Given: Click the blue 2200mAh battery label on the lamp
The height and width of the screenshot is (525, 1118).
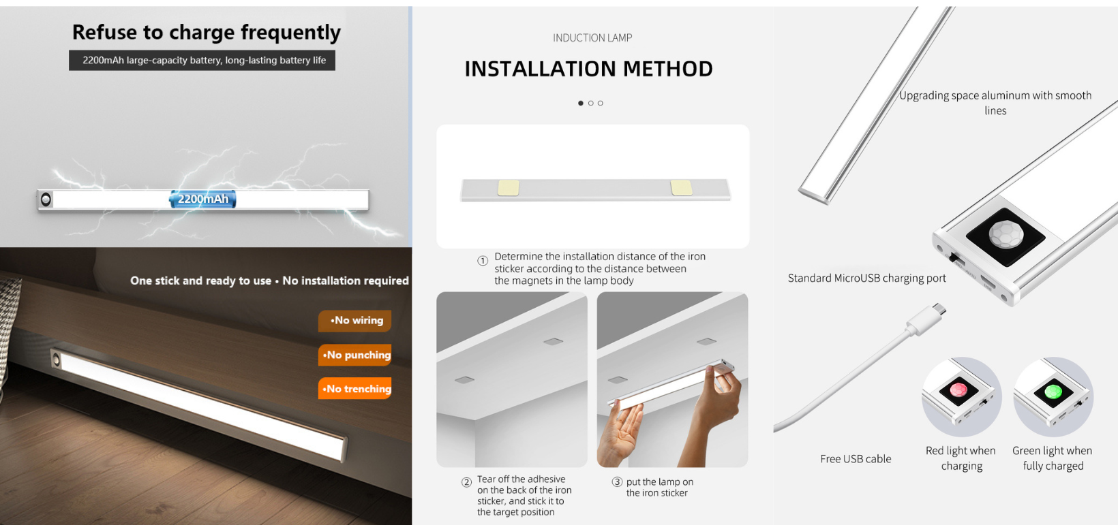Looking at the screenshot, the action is click(x=202, y=199).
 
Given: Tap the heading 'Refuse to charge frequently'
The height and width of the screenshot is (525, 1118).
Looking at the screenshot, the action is click(x=206, y=33).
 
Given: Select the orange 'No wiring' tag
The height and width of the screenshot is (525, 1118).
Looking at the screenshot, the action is click(x=355, y=321).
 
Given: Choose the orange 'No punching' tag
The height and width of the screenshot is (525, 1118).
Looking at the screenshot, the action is click(x=355, y=355).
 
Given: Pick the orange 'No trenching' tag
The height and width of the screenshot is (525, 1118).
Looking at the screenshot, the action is click(x=355, y=389).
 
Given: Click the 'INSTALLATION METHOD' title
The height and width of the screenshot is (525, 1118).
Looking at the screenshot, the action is click(x=588, y=69).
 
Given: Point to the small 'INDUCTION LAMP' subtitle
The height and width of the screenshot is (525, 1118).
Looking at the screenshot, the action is click(x=592, y=38).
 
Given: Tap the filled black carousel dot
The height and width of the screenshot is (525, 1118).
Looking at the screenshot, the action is click(x=580, y=104).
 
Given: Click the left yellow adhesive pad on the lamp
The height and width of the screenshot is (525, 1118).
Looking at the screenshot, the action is click(x=509, y=188).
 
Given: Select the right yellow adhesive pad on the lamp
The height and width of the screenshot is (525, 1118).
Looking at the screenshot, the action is click(x=681, y=188).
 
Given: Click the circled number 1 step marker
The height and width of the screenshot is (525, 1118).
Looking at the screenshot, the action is click(x=483, y=261).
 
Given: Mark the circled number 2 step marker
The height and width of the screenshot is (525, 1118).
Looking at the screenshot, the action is click(x=467, y=482).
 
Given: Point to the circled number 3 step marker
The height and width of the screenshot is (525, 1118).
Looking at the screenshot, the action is click(x=618, y=482).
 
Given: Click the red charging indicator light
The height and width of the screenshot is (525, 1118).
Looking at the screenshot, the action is click(x=958, y=389).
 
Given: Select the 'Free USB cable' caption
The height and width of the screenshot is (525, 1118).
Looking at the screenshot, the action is click(x=856, y=459).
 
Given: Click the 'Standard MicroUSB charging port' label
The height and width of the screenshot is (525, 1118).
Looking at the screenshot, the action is click(x=867, y=279).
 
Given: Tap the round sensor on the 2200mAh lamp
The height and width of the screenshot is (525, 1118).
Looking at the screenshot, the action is click(x=46, y=200).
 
